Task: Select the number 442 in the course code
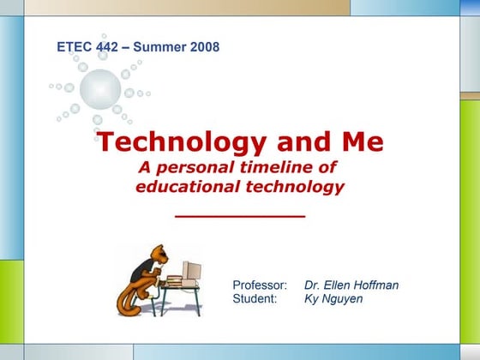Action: click(x=107, y=47)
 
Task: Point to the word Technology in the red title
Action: click(x=182, y=142)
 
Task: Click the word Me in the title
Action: click(x=363, y=141)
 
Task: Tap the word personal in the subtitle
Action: click(x=197, y=168)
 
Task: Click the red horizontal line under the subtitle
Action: click(x=240, y=216)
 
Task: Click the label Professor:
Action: click(x=260, y=285)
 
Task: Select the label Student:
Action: click(x=255, y=298)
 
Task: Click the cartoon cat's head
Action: click(x=159, y=254)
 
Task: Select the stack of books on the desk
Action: click(x=174, y=281)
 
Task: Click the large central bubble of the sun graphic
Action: click(x=100, y=89)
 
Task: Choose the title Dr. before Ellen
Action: click(x=312, y=285)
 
